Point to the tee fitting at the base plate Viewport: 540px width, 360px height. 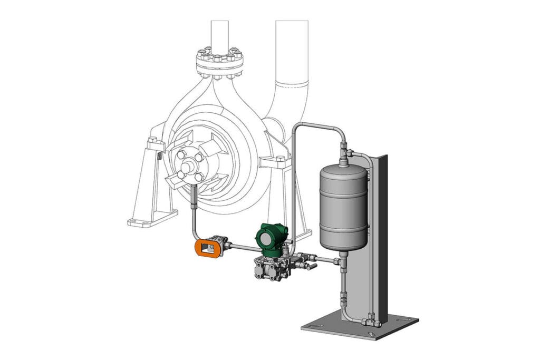pos(371,320)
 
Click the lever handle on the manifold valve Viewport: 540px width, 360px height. pos(312,268)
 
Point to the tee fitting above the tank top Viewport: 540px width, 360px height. pos(348,153)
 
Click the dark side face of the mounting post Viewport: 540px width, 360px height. pos(383,237)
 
